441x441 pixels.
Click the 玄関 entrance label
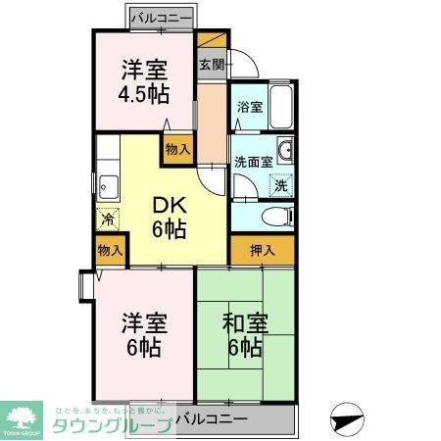click(212, 66)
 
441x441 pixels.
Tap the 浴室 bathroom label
click(249, 107)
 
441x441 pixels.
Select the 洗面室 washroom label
click(252, 162)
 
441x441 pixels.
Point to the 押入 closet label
click(263, 251)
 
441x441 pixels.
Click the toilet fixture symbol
click(277, 217)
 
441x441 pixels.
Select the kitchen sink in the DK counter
click(107, 183)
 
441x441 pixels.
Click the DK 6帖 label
click(168, 218)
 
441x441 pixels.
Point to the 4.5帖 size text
click(144, 95)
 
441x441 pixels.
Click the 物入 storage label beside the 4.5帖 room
click(177, 150)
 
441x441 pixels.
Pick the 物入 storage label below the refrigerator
click(110, 251)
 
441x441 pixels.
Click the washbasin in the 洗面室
click(284, 151)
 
